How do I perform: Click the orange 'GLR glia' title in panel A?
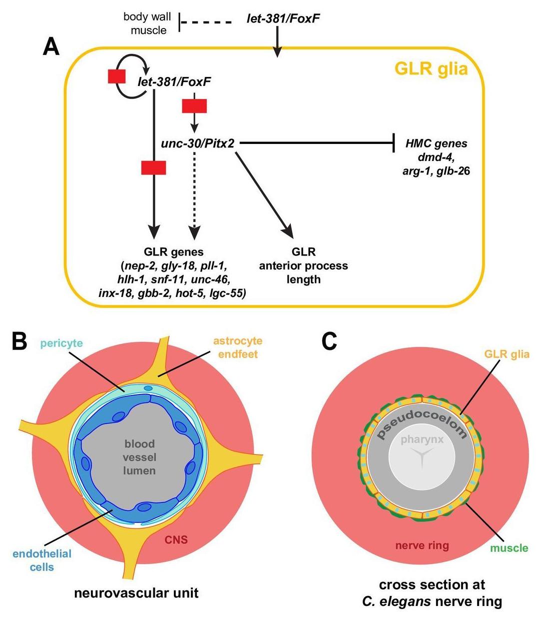pos(431,69)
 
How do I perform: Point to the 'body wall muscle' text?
pos(148,23)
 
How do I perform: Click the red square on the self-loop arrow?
pos(117,76)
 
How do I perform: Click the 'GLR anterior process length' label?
pos(303,265)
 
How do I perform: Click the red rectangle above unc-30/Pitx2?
pos(194,106)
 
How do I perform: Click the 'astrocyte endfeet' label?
pos(237,347)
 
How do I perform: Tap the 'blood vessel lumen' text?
pos(140,457)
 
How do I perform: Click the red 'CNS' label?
pos(176,539)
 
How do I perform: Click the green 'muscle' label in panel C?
pos(509,548)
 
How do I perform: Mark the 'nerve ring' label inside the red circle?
pos(422,545)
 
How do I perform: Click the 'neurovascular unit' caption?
pos(136,593)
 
